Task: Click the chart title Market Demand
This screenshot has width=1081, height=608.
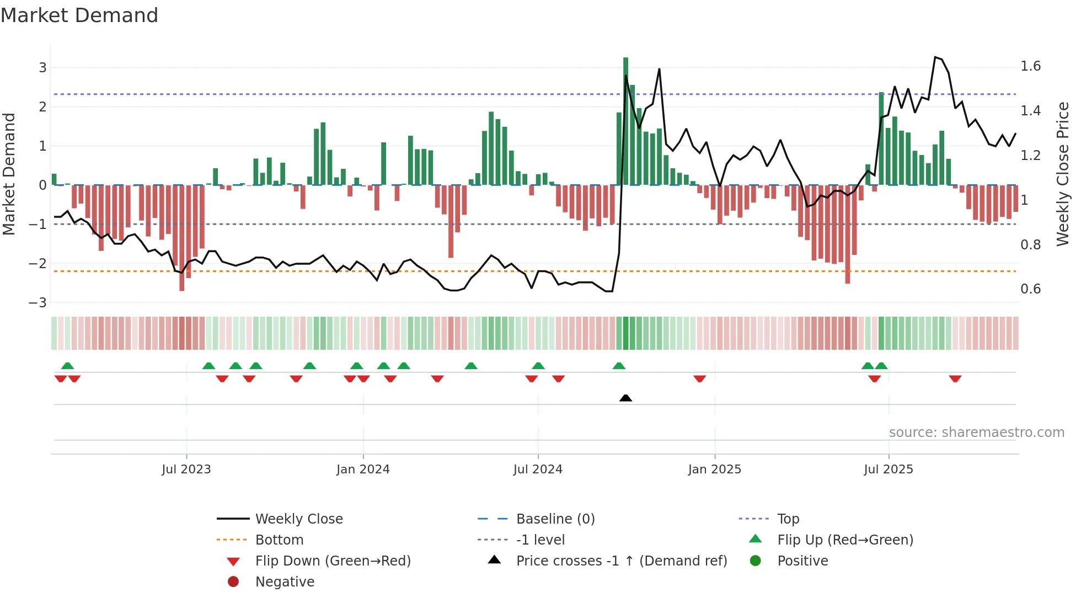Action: [x=79, y=15]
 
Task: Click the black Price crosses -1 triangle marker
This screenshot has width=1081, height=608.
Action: [x=625, y=398]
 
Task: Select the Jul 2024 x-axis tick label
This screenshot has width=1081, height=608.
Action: [x=538, y=470]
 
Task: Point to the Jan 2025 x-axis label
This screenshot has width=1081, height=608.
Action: [x=714, y=470]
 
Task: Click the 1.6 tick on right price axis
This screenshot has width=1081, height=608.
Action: [x=1030, y=66]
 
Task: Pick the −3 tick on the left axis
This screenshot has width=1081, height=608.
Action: [x=38, y=303]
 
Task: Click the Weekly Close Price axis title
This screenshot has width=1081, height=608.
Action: [x=1062, y=174]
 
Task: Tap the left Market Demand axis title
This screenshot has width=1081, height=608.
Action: [x=9, y=174]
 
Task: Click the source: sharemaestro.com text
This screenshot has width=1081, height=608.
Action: [x=976, y=433]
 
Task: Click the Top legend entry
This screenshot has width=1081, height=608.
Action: [x=788, y=519]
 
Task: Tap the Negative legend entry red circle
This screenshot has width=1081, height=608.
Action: [x=233, y=582]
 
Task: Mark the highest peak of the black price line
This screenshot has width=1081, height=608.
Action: [x=935, y=57]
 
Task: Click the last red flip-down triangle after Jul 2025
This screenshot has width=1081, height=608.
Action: [x=955, y=378]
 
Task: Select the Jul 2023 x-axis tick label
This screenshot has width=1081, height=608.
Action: [x=186, y=470]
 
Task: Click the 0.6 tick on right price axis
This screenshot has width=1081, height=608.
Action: [x=1030, y=289]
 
